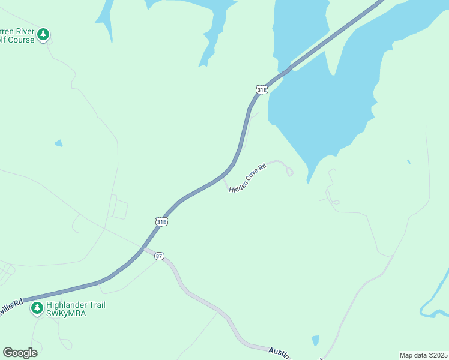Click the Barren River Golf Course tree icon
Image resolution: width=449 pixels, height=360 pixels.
click(43, 35)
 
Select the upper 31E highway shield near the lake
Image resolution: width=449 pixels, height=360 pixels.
click(261, 89)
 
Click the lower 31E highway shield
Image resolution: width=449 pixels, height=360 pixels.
click(161, 221)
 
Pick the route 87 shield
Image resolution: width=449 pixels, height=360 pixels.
click(158, 256)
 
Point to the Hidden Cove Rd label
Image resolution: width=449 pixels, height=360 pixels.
click(247, 178)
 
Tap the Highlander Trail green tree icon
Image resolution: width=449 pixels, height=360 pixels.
click(37, 308)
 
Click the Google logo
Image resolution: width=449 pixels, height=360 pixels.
click(20, 353)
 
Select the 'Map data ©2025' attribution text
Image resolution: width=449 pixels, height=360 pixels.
click(423, 355)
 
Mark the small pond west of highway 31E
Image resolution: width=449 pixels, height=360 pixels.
click(58, 143)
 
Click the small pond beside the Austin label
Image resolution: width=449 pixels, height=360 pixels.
click(316, 341)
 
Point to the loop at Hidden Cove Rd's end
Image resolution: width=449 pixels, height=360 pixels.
click(290, 172)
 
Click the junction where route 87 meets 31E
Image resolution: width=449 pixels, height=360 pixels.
click(143, 248)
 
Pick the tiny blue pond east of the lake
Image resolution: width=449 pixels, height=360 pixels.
click(409, 161)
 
